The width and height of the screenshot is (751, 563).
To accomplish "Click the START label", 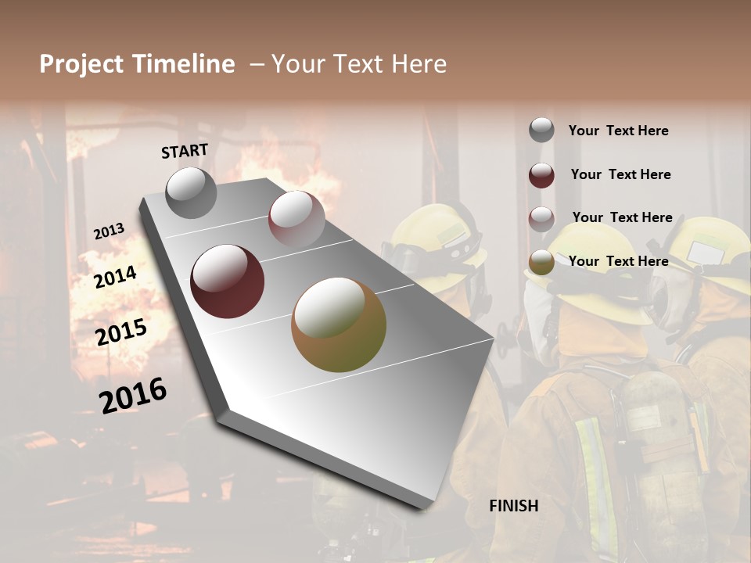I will (x=185, y=151).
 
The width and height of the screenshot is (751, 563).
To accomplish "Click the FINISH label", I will (x=514, y=506).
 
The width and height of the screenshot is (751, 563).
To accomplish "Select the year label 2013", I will (x=109, y=231).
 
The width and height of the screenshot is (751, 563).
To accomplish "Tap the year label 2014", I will (x=115, y=277).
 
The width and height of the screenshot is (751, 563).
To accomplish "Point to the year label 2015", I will (x=120, y=332).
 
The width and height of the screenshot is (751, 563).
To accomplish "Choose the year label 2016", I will (x=133, y=395).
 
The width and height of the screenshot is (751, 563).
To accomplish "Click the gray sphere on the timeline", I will (x=191, y=192).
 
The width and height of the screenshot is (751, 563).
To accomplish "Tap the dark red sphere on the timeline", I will (x=228, y=281).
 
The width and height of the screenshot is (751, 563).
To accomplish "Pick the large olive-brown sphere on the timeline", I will (x=339, y=325).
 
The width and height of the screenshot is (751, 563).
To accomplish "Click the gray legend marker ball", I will (x=541, y=131).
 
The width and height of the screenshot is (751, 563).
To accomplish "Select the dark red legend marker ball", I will (x=541, y=175).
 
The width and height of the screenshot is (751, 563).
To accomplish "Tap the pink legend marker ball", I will (x=541, y=218).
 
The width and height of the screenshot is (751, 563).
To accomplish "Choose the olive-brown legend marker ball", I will (x=541, y=262).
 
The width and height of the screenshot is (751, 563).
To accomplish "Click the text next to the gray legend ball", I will (x=618, y=131).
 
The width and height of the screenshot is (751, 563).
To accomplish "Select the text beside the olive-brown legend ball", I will (x=618, y=261).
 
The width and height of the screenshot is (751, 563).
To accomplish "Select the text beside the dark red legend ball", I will (x=620, y=174).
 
